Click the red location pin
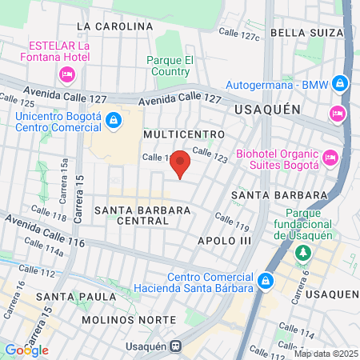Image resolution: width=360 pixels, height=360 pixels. click(181, 162)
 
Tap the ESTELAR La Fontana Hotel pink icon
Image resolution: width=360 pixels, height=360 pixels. click(66, 74)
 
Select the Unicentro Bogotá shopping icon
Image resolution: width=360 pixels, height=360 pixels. click(114, 121)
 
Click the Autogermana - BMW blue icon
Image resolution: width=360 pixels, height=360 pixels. click(341, 82)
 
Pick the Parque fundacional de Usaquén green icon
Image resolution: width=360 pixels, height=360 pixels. click(303, 254)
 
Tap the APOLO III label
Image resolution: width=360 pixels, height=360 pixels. click(224, 240)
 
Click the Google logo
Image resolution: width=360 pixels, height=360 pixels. click(26, 350)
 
